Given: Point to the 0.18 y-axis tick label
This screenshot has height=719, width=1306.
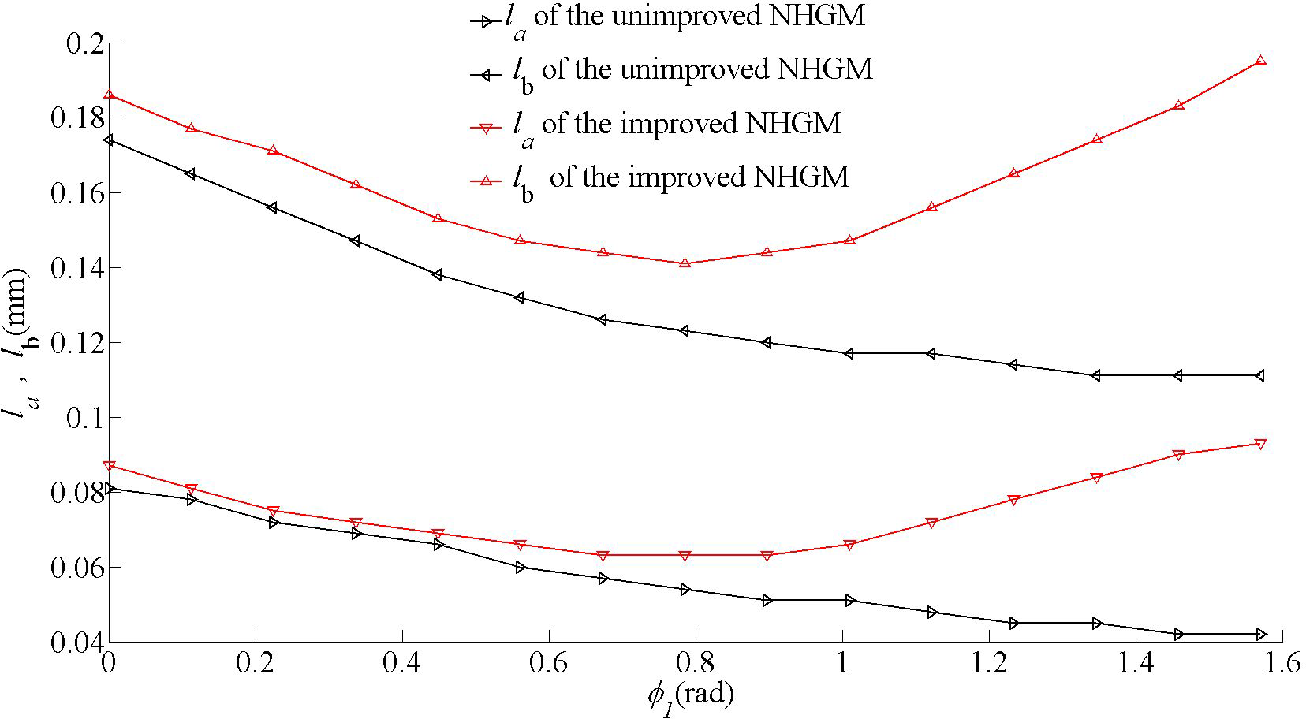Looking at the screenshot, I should pyautogui.click(x=76, y=117).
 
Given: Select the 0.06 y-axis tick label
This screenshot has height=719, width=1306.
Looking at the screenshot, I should pyautogui.click(x=76, y=567).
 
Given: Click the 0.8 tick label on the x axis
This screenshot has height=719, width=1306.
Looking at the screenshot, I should pyautogui.click(x=696, y=664).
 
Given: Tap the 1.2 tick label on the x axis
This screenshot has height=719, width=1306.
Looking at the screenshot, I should pyautogui.click(x=989, y=664).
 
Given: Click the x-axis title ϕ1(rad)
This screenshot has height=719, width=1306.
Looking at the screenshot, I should pyautogui.click(x=691, y=695).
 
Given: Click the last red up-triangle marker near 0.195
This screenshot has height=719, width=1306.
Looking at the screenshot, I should pyautogui.click(x=1260, y=61).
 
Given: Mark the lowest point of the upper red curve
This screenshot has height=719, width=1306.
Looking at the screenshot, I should pyautogui.click(x=685, y=263).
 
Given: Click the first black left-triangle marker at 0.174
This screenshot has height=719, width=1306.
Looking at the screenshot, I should pyautogui.click(x=109, y=140).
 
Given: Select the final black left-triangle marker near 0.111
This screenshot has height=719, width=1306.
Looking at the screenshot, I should pyautogui.click(x=1260, y=375).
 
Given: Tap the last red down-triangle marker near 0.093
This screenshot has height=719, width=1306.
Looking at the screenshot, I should pyautogui.click(x=1260, y=444).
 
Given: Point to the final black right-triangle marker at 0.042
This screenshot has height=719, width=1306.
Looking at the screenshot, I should pyautogui.click(x=1260, y=634).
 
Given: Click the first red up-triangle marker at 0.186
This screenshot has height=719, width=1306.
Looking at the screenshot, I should pyautogui.click(x=109, y=95).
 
